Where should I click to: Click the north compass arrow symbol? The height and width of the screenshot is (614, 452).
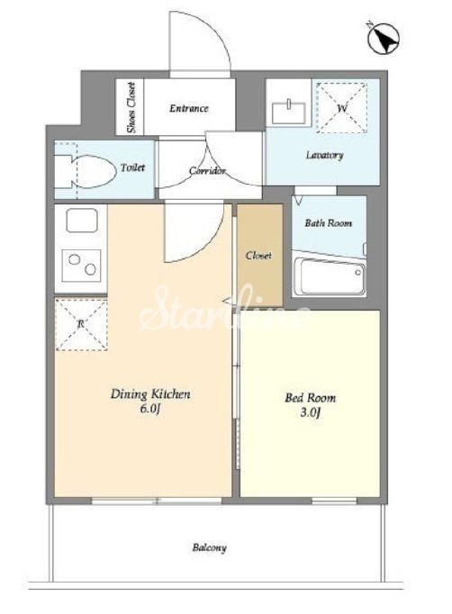384,39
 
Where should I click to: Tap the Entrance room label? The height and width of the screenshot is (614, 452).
189,108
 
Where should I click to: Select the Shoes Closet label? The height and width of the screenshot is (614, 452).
131,107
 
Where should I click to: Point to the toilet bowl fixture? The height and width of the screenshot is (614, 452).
86,172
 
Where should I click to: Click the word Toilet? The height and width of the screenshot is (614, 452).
132,167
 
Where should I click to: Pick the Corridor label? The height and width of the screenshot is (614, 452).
208,171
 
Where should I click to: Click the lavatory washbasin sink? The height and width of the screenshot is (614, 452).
289,112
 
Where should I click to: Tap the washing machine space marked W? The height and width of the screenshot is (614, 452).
342,107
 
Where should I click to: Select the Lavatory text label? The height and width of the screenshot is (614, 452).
325,155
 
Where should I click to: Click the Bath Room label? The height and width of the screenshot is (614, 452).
329,222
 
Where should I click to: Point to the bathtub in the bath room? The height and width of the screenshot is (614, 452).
330,276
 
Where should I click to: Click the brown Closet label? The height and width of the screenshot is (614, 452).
258,256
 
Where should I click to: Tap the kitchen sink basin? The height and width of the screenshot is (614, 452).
82,221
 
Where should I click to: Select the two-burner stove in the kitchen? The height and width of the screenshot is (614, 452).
82,265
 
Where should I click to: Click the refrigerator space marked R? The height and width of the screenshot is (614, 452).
81,324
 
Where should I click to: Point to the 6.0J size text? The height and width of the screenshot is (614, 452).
150,409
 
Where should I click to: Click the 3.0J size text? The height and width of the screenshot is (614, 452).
311,412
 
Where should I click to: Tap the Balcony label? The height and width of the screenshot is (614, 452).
209,547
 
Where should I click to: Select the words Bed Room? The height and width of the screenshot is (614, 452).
311,398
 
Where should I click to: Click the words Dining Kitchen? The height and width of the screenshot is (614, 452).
150,393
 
